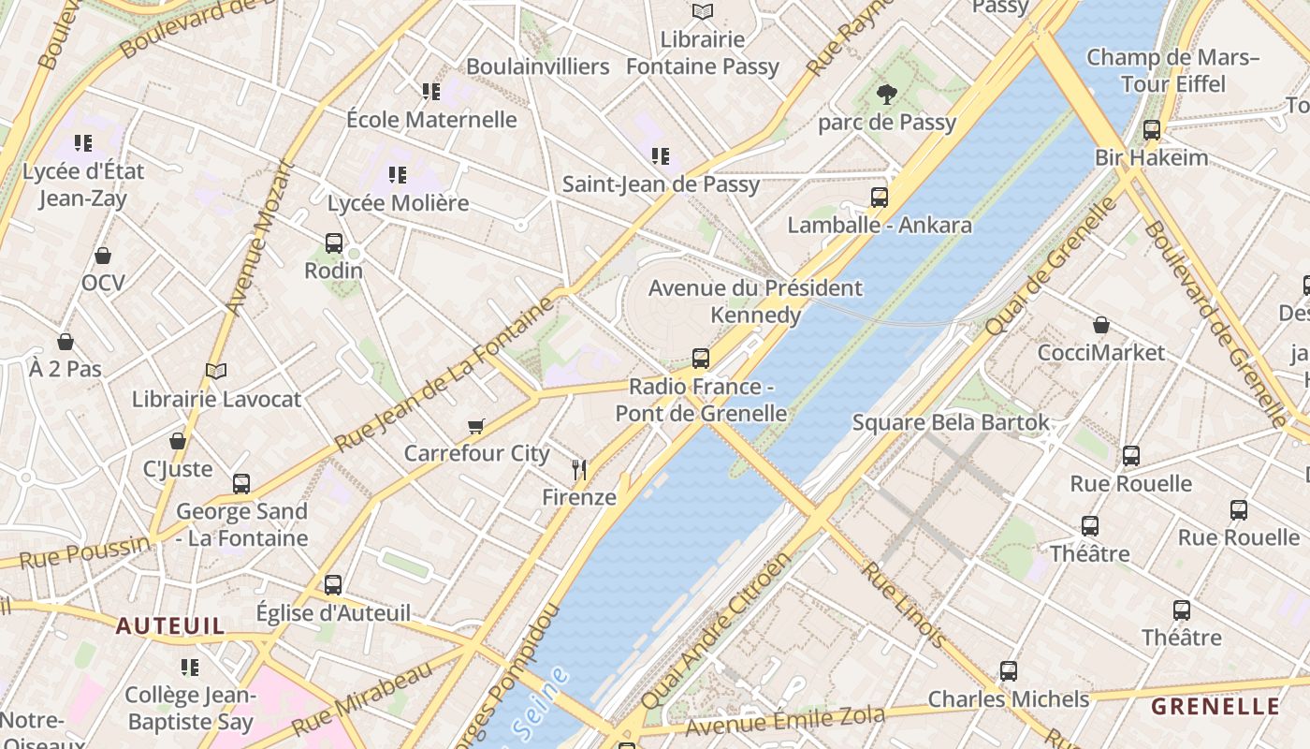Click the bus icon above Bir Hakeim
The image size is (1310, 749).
[1152, 130]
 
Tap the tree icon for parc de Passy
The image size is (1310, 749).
[886, 94]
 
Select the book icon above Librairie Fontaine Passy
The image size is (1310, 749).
[703, 11]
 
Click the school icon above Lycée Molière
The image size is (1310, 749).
[398, 175]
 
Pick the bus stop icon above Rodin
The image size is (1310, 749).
[334, 242]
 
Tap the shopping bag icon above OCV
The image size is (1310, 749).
[103, 256]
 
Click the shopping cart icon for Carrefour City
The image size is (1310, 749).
[476, 427]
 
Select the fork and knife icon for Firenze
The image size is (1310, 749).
[579, 470]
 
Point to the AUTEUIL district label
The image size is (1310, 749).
[170, 625]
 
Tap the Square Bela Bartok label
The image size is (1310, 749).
[951, 422]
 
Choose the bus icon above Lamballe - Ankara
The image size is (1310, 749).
[879, 197]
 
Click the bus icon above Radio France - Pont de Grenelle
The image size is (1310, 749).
[700, 358]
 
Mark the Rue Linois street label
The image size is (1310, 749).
[904, 605]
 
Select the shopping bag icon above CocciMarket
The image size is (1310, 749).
[1101, 325]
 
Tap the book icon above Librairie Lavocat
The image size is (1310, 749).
[216, 372]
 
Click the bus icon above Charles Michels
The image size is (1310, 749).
[1008, 671]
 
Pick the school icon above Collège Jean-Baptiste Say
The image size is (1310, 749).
[190, 668]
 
